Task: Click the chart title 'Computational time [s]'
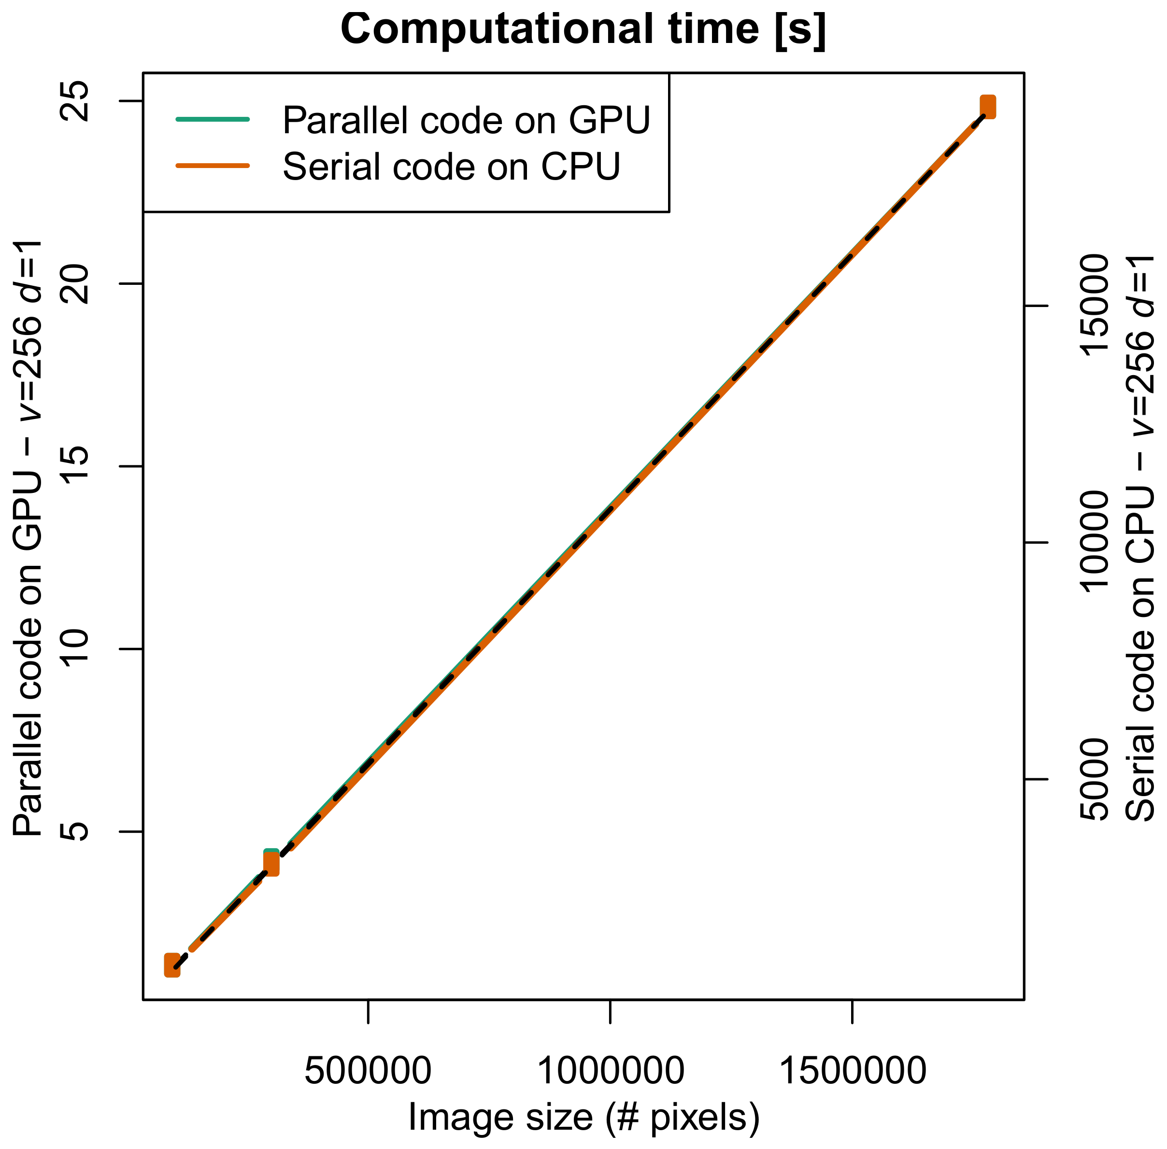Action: (x=583, y=29)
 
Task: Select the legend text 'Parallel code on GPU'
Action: (x=466, y=120)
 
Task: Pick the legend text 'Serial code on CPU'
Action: (x=451, y=166)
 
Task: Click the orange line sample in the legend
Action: (x=213, y=165)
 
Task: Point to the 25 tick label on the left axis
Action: (x=76, y=101)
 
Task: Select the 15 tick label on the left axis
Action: (x=76, y=466)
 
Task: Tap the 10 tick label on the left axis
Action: (x=76, y=649)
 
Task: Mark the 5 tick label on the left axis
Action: (x=76, y=831)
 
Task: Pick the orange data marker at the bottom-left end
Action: (x=172, y=965)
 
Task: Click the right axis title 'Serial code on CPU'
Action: (x=1139, y=537)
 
